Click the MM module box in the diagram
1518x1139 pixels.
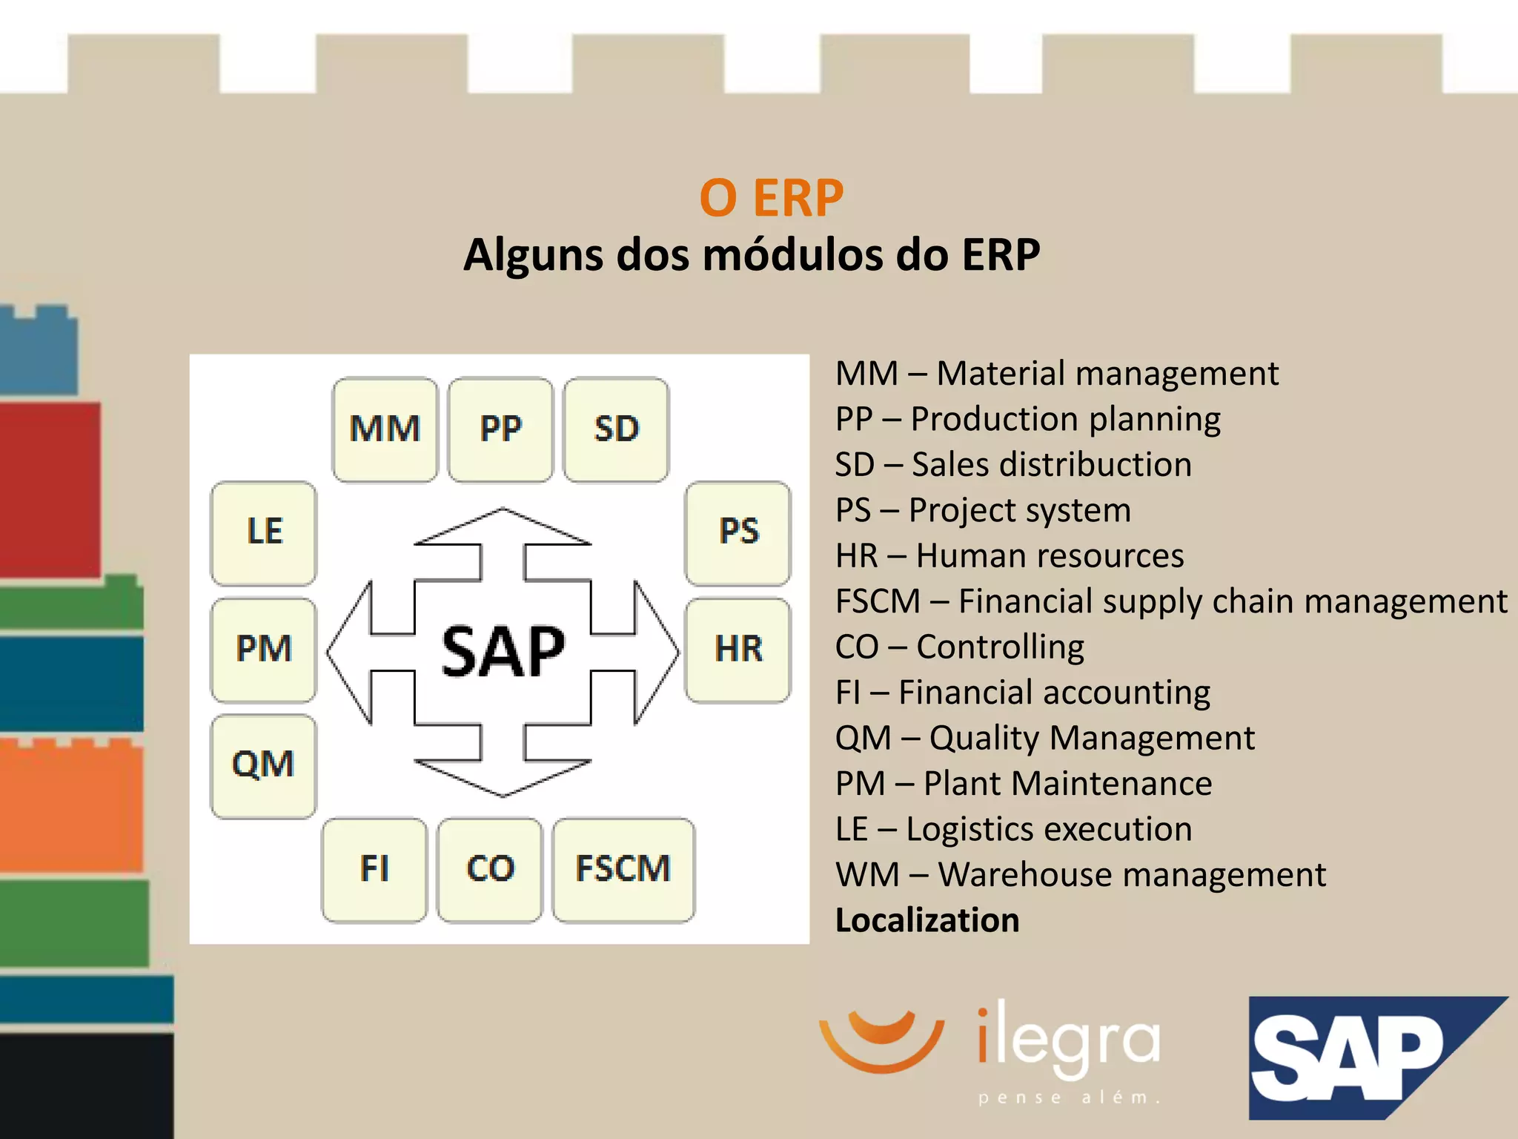385,429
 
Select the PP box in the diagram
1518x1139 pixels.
500,429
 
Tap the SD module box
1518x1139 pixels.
616,429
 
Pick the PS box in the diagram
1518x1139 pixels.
738,532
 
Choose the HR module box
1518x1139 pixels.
738,650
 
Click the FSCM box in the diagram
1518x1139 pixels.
623,869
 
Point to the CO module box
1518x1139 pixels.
490,869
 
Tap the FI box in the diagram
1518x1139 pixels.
374,869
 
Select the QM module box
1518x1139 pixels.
263,765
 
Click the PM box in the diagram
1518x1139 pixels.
263,650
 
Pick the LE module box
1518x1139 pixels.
263,532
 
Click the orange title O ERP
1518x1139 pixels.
771,198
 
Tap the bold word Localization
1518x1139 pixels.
927,920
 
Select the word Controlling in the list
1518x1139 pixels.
1000,647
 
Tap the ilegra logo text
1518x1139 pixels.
1067,1042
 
